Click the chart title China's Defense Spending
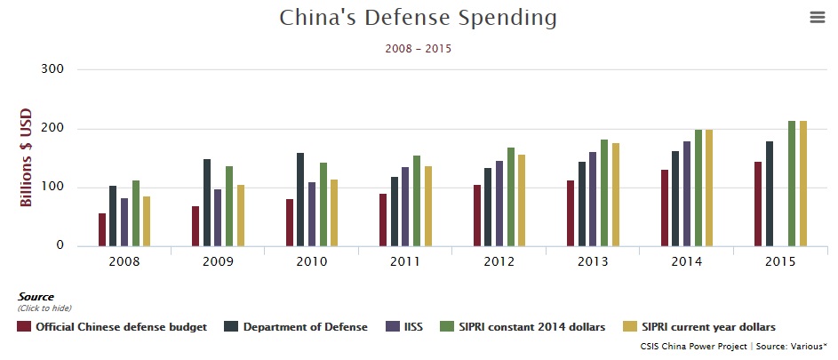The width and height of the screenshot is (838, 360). [x=419, y=18]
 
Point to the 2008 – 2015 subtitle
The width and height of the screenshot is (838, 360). [x=419, y=49]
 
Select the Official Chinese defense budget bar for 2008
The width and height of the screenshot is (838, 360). [x=102, y=229]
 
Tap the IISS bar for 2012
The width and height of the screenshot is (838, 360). [x=499, y=203]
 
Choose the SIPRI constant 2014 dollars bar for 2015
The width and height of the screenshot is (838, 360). [x=792, y=183]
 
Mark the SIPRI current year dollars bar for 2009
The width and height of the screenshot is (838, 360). [x=241, y=215]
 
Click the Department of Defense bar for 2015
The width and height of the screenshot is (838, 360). [x=770, y=194]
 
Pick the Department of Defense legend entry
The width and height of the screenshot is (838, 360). [x=298, y=327]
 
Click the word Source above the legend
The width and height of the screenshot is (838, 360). [x=36, y=297]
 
